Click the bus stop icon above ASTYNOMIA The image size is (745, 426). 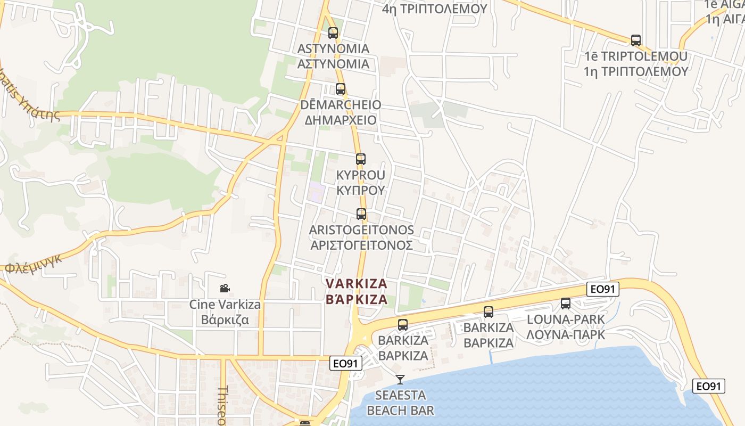pyautogui.click(x=333, y=33)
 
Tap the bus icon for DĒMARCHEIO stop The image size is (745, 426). pyautogui.click(x=341, y=89)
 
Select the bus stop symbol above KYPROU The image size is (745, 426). pyautogui.click(x=361, y=159)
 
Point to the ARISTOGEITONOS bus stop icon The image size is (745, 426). pyautogui.click(x=361, y=215)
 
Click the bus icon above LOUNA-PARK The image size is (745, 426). pyautogui.click(x=566, y=304)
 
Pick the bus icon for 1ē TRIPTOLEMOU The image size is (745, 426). pyautogui.click(x=636, y=40)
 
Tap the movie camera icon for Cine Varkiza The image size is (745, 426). pyautogui.click(x=225, y=289)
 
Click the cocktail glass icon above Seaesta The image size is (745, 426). pyautogui.click(x=400, y=380)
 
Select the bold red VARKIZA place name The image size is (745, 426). pyautogui.click(x=357, y=283)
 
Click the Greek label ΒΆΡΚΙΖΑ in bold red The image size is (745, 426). pyautogui.click(x=357, y=299)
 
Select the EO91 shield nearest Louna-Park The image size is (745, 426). pyautogui.click(x=603, y=289)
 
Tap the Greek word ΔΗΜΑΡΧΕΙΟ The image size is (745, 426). pyautogui.click(x=341, y=120)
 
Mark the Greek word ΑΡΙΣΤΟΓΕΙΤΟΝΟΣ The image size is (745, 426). pyautogui.click(x=361, y=245)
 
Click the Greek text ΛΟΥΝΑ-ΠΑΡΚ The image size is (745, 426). pyautogui.click(x=566, y=334)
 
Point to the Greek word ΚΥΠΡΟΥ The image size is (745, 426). pyautogui.click(x=361, y=190)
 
